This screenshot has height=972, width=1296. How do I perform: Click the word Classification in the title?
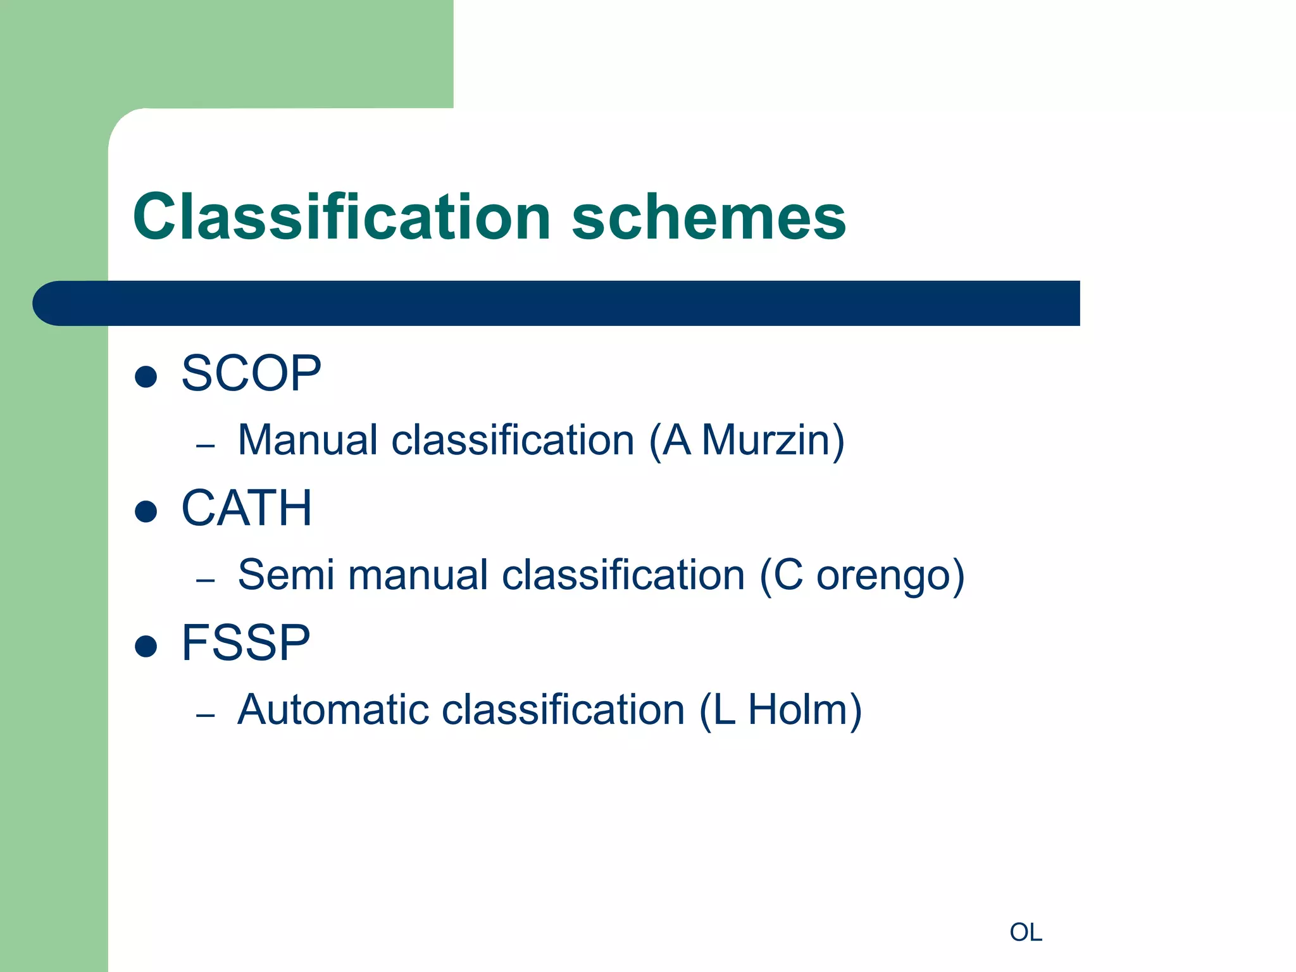tap(342, 217)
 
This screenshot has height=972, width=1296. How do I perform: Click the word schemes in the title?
tap(709, 217)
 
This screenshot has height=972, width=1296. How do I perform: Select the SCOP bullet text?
tap(251, 373)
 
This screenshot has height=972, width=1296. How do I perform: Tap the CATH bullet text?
tap(247, 508)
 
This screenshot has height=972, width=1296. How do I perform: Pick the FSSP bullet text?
tap(246, 643)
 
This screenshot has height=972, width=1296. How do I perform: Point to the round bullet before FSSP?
tap(146, 646)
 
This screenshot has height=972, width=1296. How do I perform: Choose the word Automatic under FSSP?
tap(333, 709)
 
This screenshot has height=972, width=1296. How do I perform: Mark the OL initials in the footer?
tap(1026, 932)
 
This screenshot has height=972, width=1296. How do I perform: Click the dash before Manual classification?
tap(206, 446)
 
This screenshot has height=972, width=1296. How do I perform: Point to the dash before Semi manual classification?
tap(206, 580)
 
